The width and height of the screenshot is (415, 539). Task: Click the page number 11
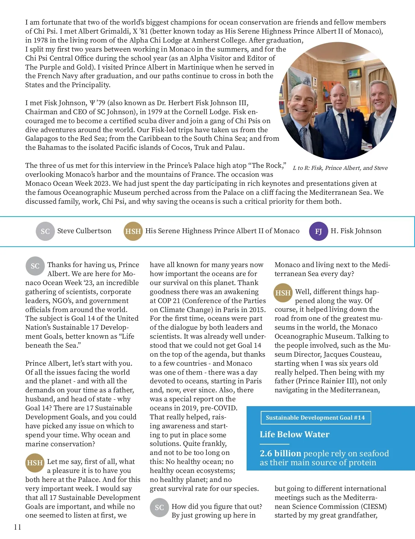[18, 527]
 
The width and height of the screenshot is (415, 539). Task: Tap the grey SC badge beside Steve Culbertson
[45, 231]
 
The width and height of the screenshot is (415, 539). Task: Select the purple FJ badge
[318, 231]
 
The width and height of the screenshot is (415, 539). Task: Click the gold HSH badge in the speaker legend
[133, 231]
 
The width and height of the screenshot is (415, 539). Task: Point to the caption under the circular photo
[340, 168]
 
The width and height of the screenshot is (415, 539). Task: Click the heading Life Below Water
[294, 434]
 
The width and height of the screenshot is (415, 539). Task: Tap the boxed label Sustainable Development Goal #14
[315, 418]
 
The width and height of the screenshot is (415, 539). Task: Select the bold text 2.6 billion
[280, 453]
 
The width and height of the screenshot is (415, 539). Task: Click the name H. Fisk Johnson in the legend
[356, 231]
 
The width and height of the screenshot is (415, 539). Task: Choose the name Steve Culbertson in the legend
[84, 231]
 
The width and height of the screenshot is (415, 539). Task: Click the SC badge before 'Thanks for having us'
[35, 266]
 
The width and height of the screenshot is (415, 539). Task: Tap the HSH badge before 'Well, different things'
[283, 293]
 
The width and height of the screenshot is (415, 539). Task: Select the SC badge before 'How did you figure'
[159, 508]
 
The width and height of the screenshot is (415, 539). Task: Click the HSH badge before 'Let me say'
[35, 463]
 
